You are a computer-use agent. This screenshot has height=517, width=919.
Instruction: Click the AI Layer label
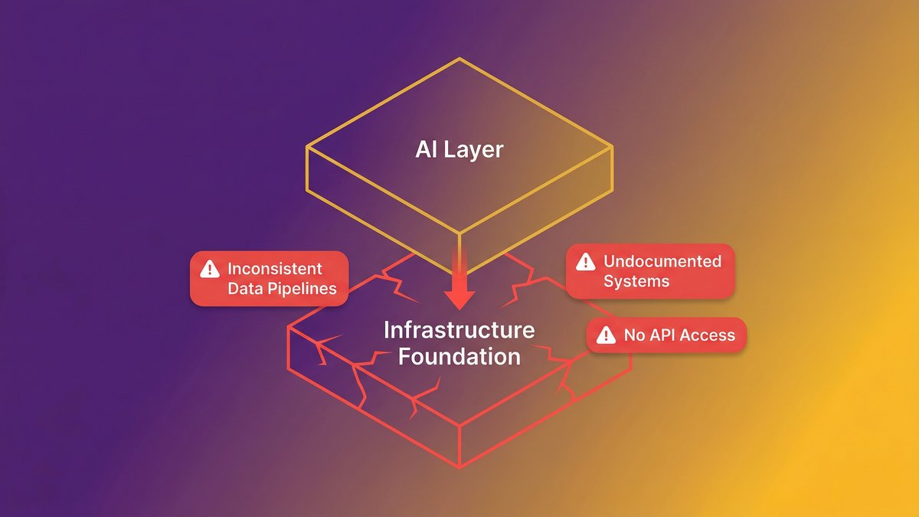pos(459,149)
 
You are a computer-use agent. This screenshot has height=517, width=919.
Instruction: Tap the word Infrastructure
pos(459,331)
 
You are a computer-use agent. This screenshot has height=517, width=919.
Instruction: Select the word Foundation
pos(459,356)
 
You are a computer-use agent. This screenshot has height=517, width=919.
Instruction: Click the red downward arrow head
pos(459,298)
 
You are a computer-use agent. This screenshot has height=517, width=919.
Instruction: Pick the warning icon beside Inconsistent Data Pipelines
pos(209,269)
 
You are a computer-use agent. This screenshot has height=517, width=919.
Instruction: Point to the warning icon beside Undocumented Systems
pos(585,261)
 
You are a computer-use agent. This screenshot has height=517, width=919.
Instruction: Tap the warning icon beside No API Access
pos(606,335)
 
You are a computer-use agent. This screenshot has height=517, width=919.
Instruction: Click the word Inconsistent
pos(275,269)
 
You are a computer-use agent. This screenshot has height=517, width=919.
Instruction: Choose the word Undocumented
pos(662,261)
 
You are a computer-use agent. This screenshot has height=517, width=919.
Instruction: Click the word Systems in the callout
pos(636,281)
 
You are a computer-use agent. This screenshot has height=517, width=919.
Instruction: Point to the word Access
pos(709,335)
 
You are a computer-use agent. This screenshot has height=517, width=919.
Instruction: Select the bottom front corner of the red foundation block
pos(459,468)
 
